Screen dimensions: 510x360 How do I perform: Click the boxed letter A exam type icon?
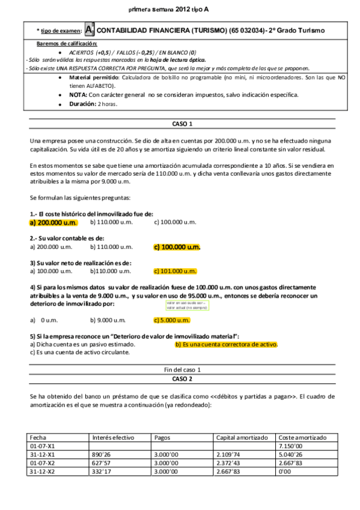click(x=90, y=29)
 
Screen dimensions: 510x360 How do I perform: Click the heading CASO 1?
click(x=182, y=124)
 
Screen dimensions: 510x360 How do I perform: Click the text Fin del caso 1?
click(x=182, y=369)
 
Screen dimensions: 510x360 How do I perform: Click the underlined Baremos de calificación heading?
click(x=66, y=44)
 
